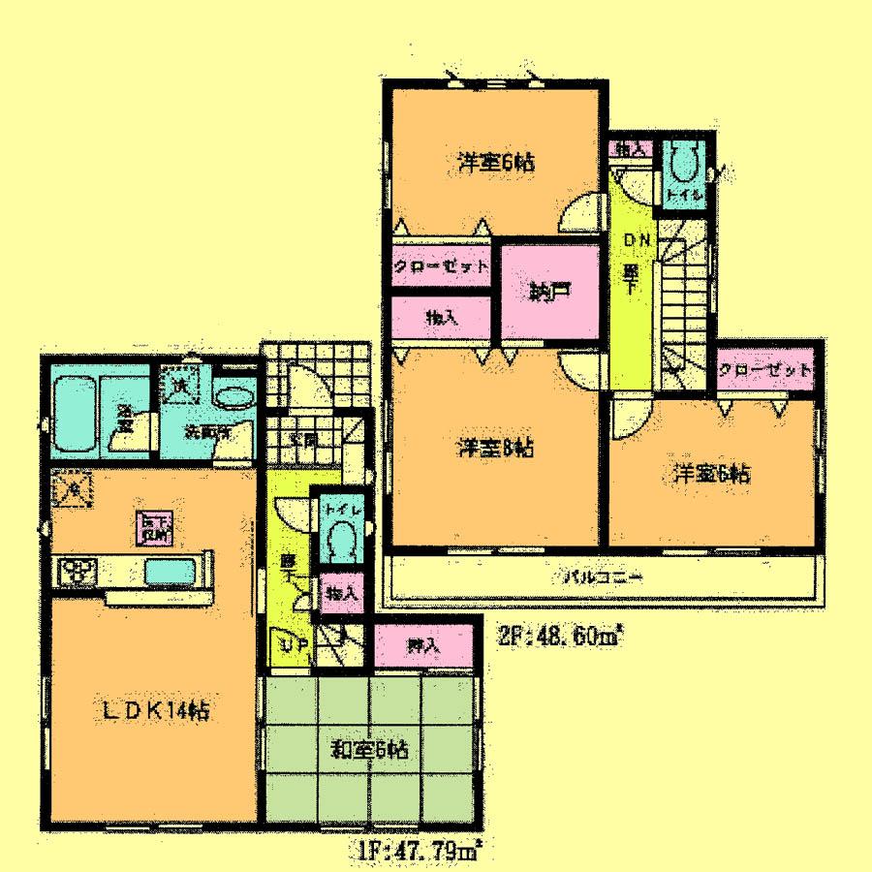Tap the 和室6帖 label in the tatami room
point(371,748)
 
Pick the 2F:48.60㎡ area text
point(561,637)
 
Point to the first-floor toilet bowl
point(340,536)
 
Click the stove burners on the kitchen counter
point(75,572)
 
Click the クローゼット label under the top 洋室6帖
point(440,266)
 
